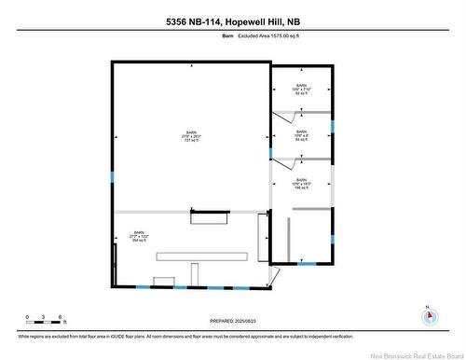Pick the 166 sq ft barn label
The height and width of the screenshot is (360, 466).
(301, 184)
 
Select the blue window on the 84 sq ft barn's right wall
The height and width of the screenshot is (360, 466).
(332, 126)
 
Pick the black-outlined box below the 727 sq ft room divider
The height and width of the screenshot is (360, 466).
(210, 218)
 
